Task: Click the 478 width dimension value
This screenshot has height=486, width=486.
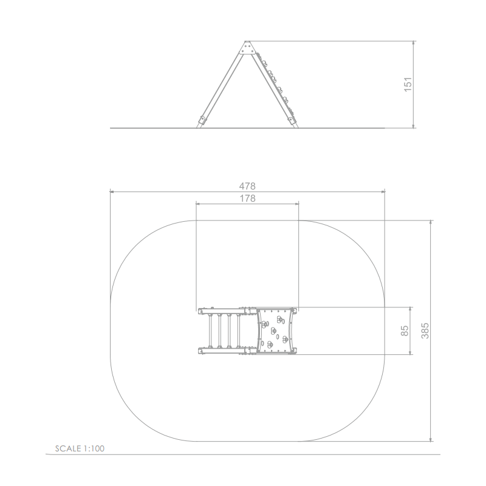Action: pos(247,186)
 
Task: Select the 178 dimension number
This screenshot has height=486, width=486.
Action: pos(248,199)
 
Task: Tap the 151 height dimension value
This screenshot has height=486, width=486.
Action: pos(408,84)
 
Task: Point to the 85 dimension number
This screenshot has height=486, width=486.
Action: pos(405,330)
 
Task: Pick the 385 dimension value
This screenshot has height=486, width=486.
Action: pos(425,330)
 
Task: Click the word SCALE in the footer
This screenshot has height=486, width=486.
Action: pos(68,448)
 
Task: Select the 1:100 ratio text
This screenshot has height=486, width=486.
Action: pos(94,448)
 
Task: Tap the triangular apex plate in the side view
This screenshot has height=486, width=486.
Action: pos(247,48)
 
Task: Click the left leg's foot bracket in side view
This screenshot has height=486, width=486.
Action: pos(202,120)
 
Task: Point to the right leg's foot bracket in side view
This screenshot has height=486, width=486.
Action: pos(292,120)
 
